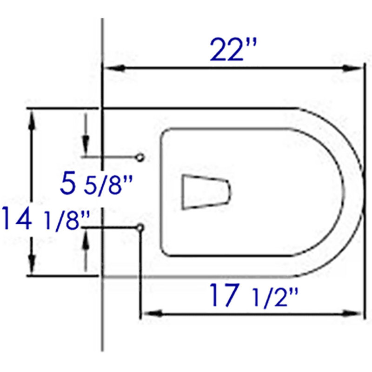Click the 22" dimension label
(233, 49)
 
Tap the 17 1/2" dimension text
(254, 295)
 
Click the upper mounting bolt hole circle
(140, 158)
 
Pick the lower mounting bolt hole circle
(140, 228)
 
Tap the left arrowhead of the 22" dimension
(114, 68)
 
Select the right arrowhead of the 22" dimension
(352, 68)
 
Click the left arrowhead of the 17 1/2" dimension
(153, 313)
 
